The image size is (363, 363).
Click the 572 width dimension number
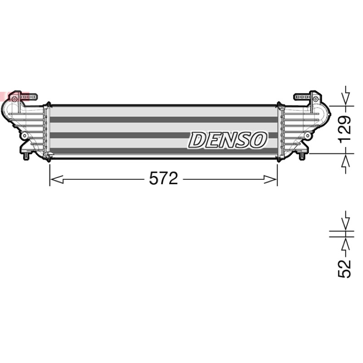coord(163,178)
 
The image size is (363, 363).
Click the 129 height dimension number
coord(345,130)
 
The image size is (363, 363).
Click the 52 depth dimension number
coord(345,269)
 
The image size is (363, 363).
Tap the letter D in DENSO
coord(198,140)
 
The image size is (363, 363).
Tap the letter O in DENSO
coord(257,140)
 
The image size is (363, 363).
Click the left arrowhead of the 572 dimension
coord(56,179)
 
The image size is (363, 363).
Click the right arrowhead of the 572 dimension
coord(270,179)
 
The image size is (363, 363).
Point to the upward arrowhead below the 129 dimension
coord(346,163)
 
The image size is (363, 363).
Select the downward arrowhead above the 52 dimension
coord(346,221)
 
